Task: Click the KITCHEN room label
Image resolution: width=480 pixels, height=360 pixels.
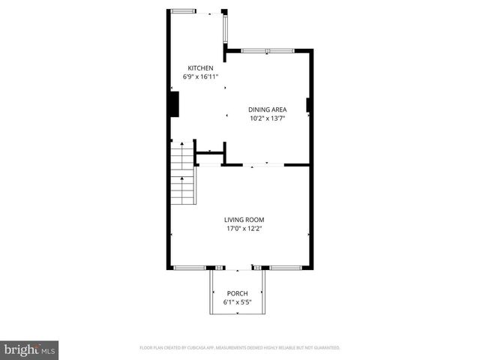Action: point(195,68)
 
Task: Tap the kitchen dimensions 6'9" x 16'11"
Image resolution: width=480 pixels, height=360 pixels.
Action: point(195,76)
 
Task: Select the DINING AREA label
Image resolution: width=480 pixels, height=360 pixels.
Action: point(268,109)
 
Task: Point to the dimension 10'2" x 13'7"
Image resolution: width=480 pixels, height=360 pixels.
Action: point(268,118)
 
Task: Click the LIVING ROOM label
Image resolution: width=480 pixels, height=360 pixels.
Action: point(244,220)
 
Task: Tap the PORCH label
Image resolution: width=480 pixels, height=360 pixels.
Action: point(237,293)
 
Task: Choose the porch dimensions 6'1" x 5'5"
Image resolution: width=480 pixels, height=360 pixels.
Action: point(237,301)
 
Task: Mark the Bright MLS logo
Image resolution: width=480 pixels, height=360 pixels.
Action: point(30,349)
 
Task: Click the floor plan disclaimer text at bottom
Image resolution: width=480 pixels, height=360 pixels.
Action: point(240,348)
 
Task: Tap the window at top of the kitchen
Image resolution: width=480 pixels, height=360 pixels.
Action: point(182,11)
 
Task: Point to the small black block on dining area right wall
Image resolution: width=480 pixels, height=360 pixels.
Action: point(307,104)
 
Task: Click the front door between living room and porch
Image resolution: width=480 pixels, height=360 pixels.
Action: point(238,268)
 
